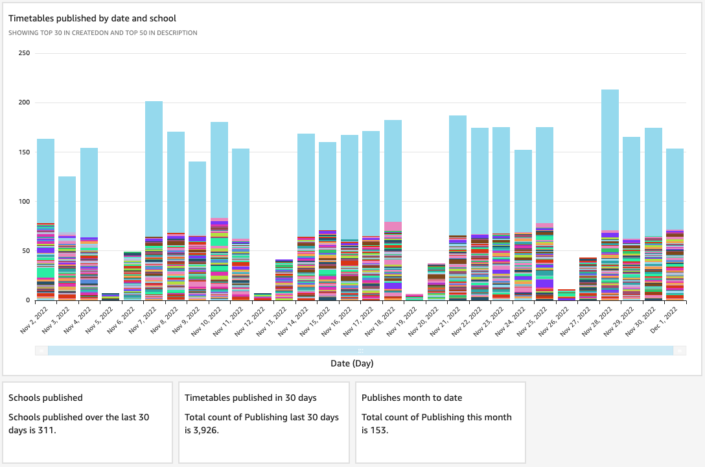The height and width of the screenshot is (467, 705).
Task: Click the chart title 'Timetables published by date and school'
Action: point(92,19)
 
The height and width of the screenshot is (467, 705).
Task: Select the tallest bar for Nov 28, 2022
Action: point(610,195)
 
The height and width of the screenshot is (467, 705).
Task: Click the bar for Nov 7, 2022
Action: point(154,201)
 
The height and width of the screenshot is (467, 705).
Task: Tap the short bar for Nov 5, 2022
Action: point(110,296)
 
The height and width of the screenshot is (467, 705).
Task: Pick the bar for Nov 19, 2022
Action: point(414,297)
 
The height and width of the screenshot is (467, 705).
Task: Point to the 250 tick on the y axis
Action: point(24,53)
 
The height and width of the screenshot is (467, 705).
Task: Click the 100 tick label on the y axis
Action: point(24,201)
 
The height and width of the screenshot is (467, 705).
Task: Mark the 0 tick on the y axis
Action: point(28,300)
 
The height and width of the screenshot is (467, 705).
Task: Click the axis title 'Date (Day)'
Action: point(352,363)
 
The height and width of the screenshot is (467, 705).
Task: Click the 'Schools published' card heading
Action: point(45,398)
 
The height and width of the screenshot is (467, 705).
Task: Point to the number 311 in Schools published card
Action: point(48,429)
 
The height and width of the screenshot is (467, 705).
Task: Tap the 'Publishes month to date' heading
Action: point(410,398)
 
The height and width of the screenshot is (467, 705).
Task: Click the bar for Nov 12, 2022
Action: point(262,297)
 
